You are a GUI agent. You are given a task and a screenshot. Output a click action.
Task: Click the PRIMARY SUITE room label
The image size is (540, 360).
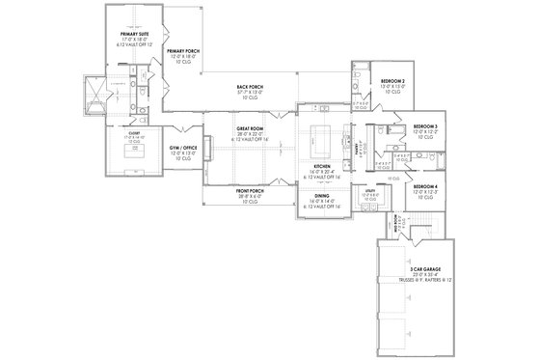[x=127, y=32]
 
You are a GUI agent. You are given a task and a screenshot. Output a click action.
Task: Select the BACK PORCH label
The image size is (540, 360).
[x=250, y=87]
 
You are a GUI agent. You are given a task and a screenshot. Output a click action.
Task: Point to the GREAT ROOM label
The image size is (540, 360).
[x=250, y=127]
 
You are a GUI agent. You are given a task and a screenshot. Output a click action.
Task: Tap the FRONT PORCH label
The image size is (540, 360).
[x=250, y=191]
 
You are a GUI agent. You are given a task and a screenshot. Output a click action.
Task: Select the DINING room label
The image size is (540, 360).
[x=316, y=195]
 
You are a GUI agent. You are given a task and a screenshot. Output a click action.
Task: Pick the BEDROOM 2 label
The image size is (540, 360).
[x=392, y=81]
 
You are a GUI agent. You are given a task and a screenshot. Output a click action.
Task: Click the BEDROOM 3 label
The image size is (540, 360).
[x=425, y=125]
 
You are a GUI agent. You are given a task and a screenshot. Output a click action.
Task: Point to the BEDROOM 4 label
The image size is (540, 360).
[x=425, y=185]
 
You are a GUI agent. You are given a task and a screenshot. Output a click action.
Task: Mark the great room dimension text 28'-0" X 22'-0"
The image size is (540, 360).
[x=250, y=133]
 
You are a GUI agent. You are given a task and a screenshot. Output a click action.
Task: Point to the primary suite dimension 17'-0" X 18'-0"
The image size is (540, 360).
[x=127, y=38]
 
